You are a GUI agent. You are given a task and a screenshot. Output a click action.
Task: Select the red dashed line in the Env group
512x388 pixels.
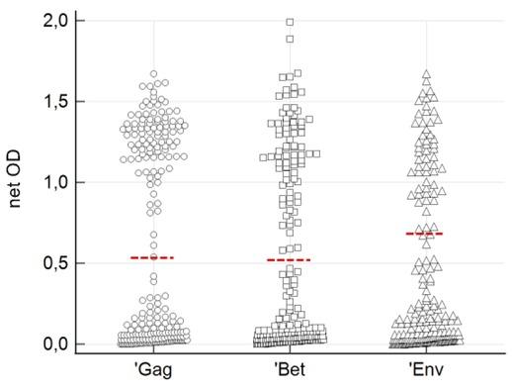(424, 234)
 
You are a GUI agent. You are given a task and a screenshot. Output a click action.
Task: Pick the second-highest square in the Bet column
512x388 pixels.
(290, 39)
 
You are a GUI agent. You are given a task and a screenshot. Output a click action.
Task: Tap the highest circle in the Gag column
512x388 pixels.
(154, 74)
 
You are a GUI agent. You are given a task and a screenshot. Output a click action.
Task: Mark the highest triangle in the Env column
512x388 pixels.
(426, 74)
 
